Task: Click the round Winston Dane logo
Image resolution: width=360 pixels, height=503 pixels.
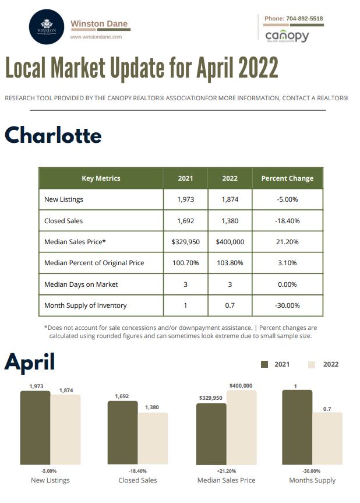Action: (46, 27)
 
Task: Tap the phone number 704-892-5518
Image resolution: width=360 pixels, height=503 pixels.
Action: (304, 19)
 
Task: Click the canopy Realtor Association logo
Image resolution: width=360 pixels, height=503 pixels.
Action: (287, 37)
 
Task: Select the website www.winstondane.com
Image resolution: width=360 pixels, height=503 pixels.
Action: (96, 37)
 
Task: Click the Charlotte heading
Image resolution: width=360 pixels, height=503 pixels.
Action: (53, 135)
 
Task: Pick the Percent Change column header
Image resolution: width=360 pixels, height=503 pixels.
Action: (287, 178)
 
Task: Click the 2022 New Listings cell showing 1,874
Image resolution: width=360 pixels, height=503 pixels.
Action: (230, 199)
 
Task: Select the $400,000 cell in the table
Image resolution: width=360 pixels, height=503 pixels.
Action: (230, 241)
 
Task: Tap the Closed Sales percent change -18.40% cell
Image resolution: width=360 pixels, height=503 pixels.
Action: (287, 221)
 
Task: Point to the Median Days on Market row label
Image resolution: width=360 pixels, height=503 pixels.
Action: (81, 284)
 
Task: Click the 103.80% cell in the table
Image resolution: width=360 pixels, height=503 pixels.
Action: (230, 263)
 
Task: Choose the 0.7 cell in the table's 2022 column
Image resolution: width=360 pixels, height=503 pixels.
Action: (230, 305)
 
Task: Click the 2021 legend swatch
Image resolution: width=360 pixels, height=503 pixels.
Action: (264, 364)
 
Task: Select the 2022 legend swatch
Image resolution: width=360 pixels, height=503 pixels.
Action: (312, 365)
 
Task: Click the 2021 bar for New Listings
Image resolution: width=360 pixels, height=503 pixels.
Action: (36, 427)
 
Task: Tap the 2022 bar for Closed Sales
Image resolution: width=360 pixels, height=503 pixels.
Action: (153, 438)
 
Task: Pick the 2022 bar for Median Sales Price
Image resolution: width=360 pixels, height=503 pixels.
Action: (241, 427)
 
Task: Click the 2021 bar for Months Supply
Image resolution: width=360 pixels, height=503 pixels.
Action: (297, 427)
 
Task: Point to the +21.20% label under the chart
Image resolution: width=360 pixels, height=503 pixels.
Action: (227, 471)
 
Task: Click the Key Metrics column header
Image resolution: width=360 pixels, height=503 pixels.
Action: (101, 178)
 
